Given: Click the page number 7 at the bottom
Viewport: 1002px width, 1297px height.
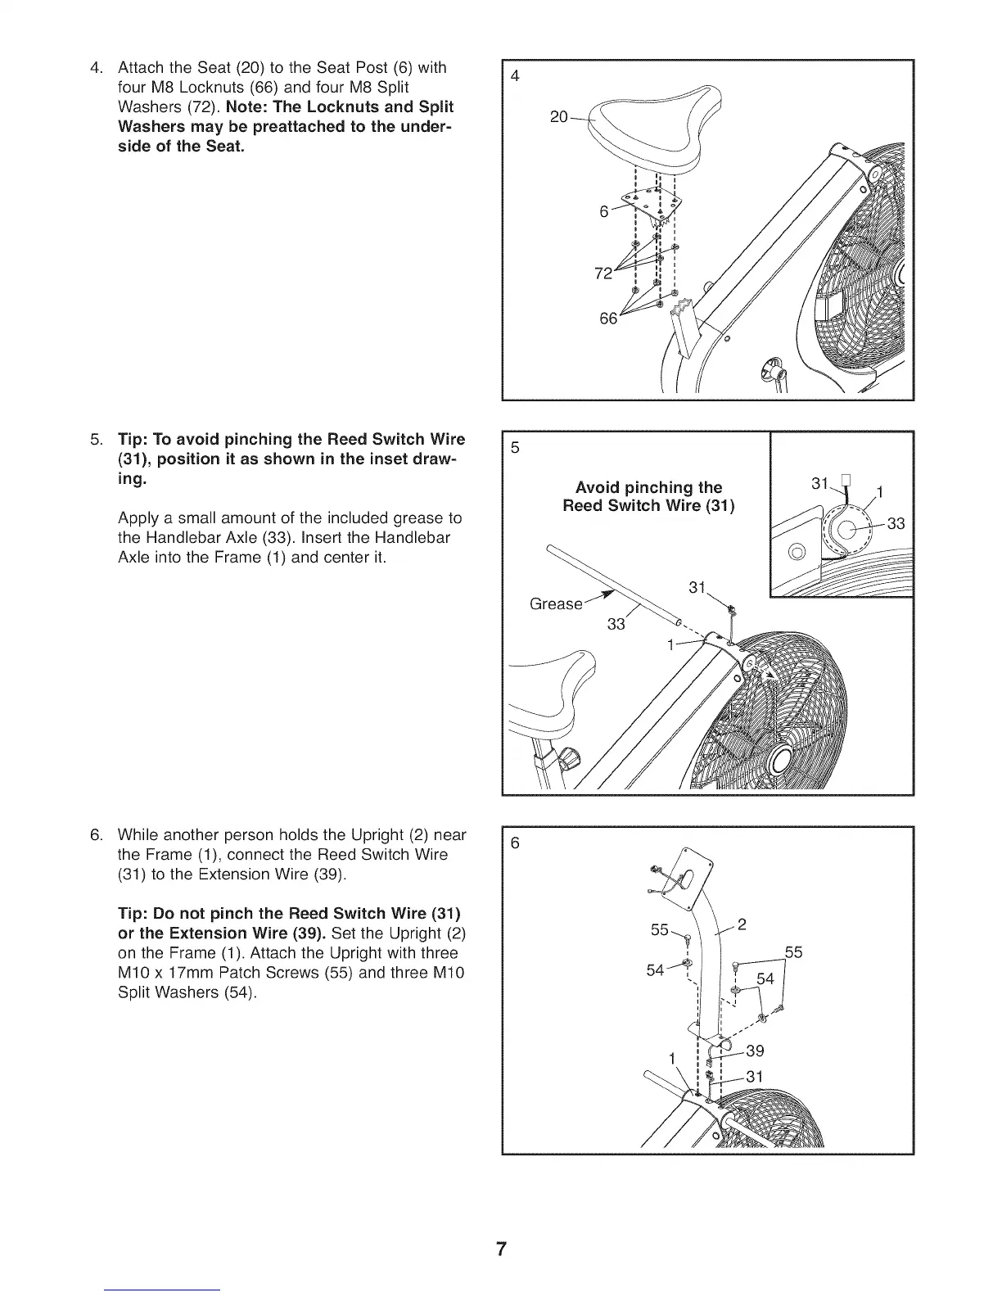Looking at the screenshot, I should (x=501, y=1250).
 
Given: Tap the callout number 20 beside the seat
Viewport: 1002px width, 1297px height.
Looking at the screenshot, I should (x=559, y=117).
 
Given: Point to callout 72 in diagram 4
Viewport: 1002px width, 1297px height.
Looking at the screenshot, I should (x=603, y=273).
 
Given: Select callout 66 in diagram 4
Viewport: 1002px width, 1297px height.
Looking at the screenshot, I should (x=608, y=319).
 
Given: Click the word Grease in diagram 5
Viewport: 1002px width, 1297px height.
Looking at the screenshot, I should (x=556, y=604).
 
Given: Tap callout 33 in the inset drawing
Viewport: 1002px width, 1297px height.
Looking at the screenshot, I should (x=896, y=524).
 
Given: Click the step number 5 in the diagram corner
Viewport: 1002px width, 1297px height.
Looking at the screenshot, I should (x=515, y=448).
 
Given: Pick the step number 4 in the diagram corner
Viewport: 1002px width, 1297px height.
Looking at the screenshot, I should (x=515, y=76).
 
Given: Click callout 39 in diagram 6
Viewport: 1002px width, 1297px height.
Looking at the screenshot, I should (x=754, y=1051).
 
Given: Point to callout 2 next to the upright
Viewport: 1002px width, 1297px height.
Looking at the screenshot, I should (x=742, y=925).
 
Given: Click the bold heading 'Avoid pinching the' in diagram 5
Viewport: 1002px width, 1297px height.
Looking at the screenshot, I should (x=648, y=488).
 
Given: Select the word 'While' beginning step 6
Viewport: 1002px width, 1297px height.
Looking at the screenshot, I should (x=138, y=835).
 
